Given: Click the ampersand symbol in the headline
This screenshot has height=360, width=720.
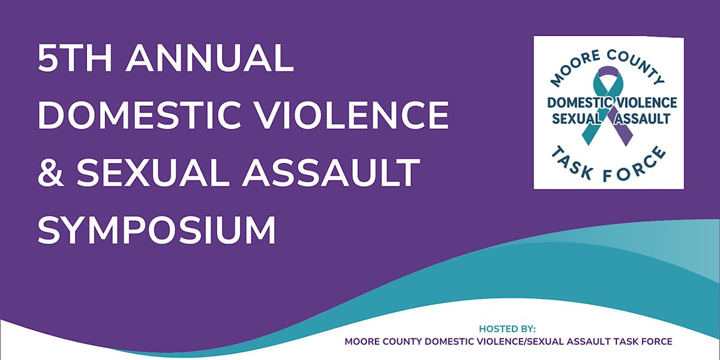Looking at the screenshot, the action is [51, 172].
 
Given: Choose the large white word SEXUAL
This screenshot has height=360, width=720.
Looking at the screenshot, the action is [152, 172].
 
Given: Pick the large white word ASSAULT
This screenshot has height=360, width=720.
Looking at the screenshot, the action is [331, 172].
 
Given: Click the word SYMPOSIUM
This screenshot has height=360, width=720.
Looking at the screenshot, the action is [157, 229].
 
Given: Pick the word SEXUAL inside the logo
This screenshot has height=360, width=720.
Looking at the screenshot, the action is [577, 119].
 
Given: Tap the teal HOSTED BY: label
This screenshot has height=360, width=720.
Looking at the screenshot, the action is [507, 329].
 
